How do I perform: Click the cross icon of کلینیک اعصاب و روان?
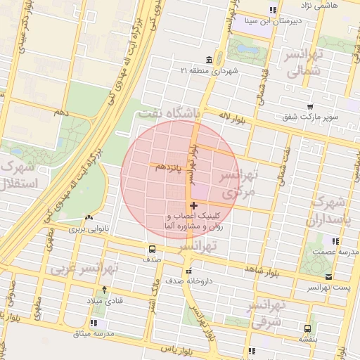tap(194, 205)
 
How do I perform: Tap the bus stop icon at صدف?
tap(152, 249)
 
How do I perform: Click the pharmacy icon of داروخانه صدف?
tap(188, 271)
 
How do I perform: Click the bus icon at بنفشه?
tap(307, 328)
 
